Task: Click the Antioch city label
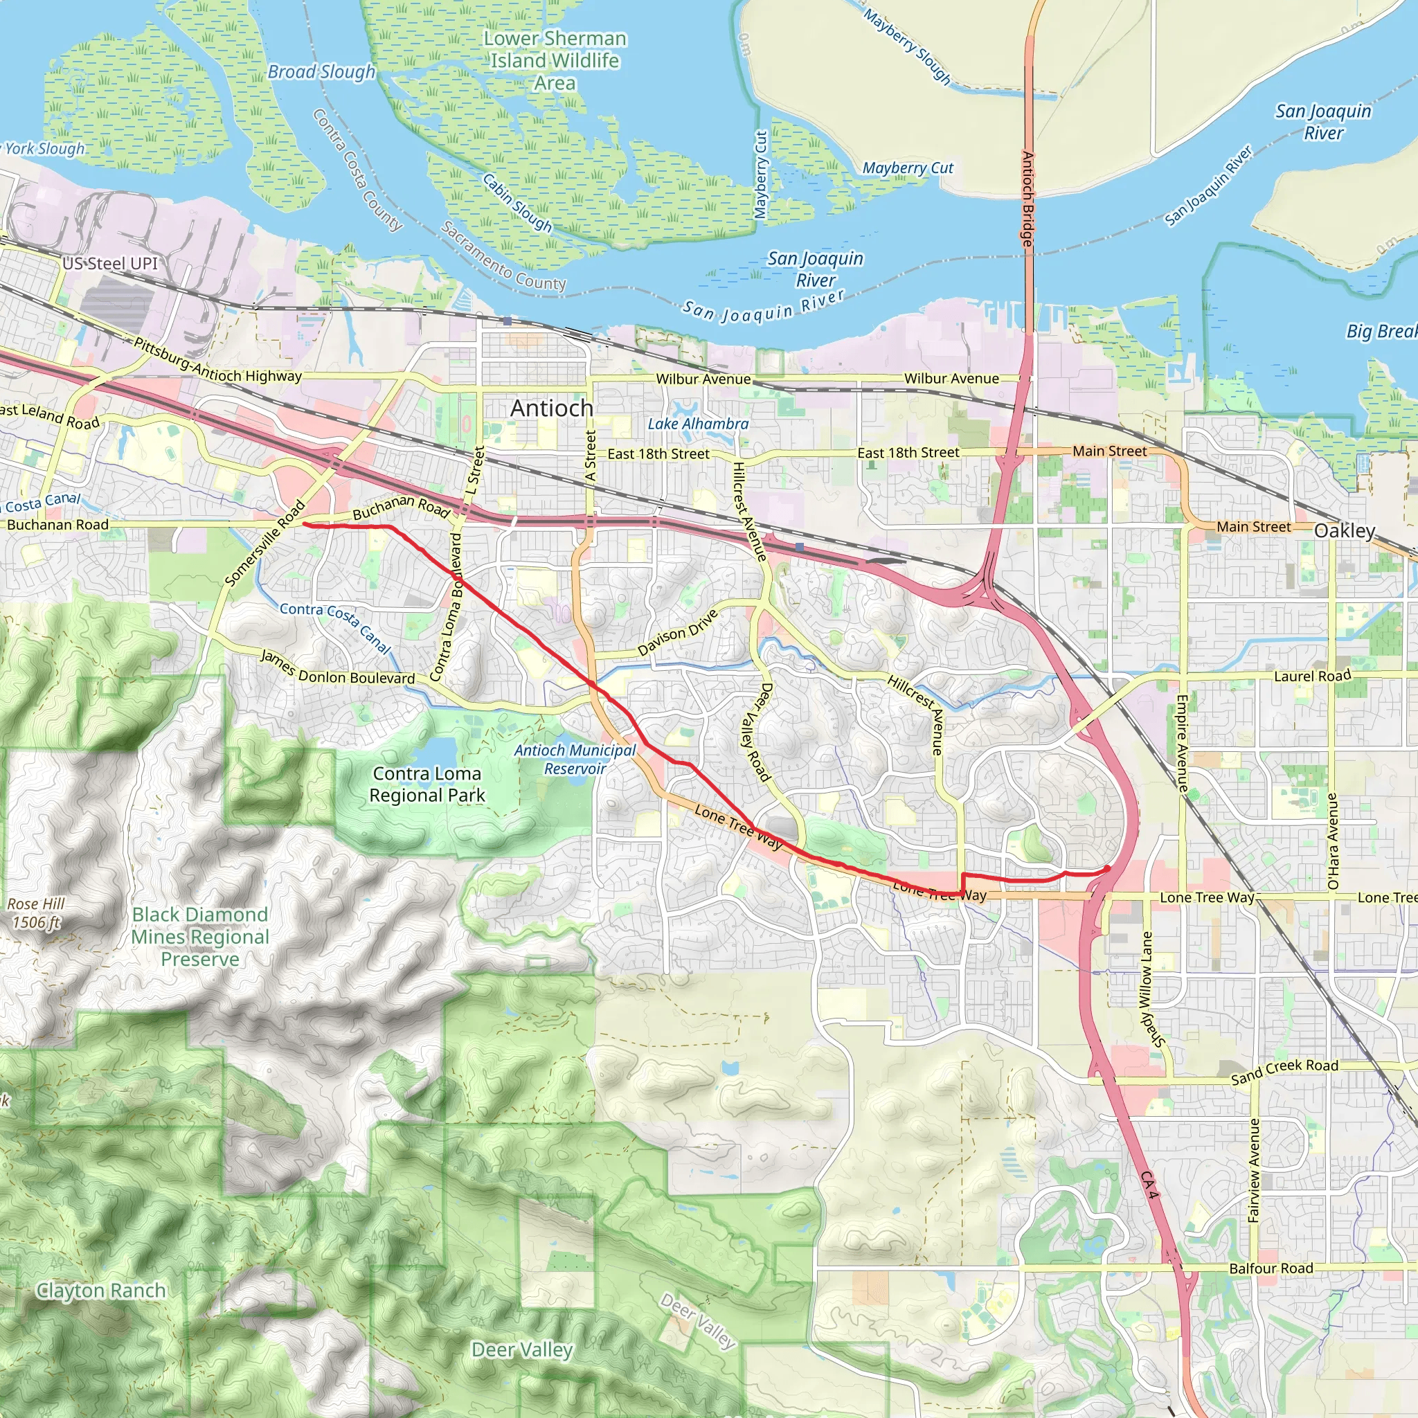[x=551, y=408]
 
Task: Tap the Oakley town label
[x=1344, y=530]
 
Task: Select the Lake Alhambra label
[x=697, y=424]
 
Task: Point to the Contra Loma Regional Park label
[x=427, y=784]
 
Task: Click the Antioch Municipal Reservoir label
[x=575, y=759]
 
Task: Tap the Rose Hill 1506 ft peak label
[x=36, y=913]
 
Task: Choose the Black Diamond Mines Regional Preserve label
[x=200, y=937]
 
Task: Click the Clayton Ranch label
[x=100, y=1291]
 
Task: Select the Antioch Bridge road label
[x=1027, y=198]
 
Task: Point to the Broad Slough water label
[x=321, y=72]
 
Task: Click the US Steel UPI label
[x=110, y=264]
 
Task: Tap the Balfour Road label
[x=1271, y=1268]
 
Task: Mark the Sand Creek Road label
[x=1284, y=1071]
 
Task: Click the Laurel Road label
[x=1311, y=676]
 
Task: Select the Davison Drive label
[x=676, y=632]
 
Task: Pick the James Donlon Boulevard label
[x=337, y=669]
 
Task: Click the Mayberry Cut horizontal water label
[x=907, y=168]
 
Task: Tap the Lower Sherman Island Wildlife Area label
[x=555, y=60]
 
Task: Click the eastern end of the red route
[x=1107, y=869]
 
